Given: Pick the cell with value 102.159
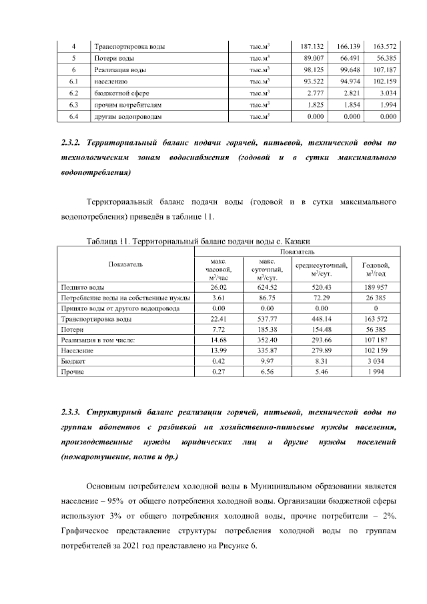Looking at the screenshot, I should [386, 82].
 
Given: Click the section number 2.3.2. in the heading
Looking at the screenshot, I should [70, 143].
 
